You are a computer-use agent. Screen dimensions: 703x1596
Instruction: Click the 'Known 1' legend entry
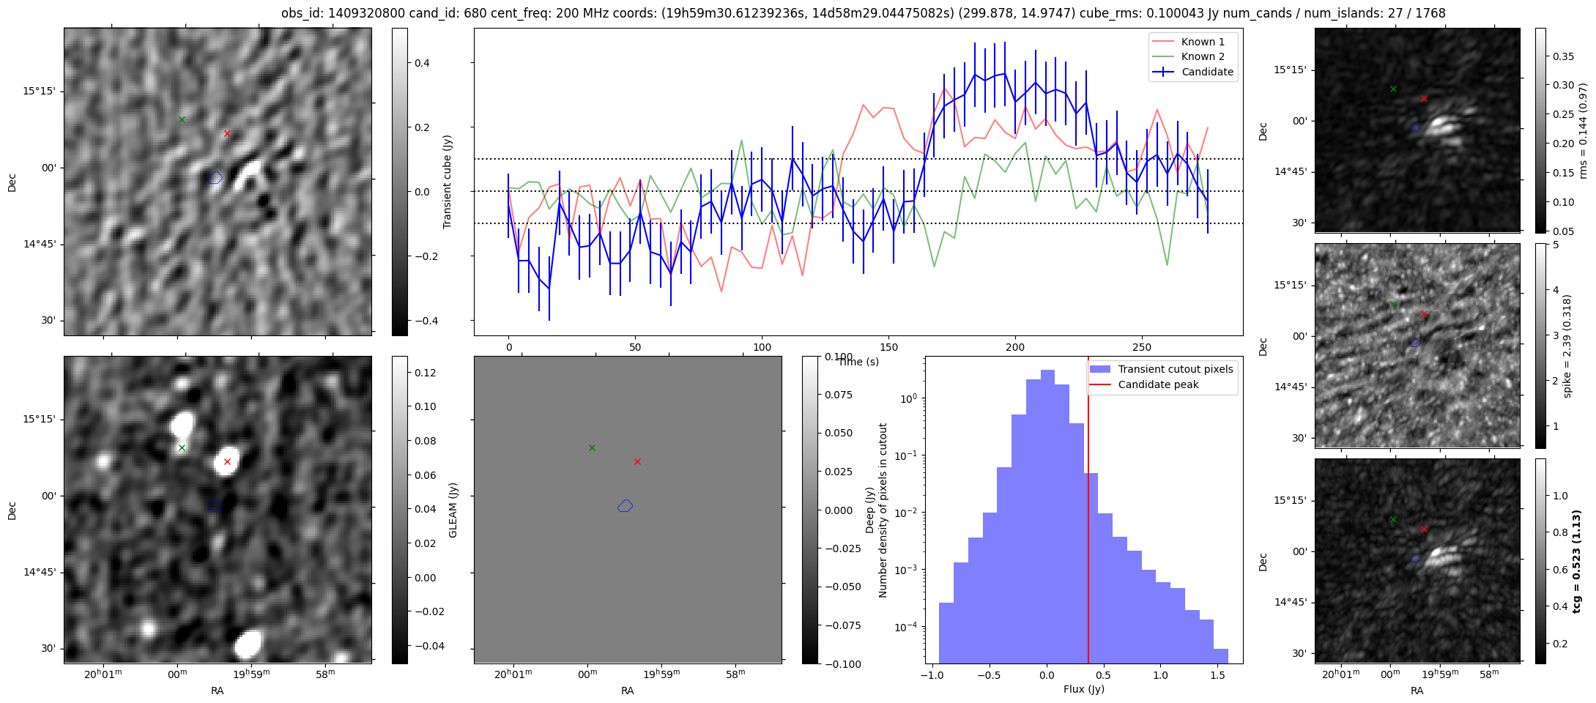[x=1203, y=42]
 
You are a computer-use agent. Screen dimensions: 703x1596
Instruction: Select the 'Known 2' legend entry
[x=1203, y=56]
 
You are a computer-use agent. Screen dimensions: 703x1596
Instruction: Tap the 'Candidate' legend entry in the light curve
[x=1207, y=72]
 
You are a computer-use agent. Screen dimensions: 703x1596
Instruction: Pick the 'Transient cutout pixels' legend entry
[x=1175, y=369]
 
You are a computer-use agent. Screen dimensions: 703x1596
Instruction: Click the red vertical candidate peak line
[x=1088, y=513]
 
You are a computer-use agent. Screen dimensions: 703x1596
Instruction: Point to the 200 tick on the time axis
[x=1015, y=347]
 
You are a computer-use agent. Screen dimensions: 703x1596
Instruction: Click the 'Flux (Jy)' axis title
[x=1083, y=689]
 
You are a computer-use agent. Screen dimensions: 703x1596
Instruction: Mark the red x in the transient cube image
[x=227, y=133]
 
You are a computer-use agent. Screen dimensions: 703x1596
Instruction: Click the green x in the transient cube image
[x=182, y=119]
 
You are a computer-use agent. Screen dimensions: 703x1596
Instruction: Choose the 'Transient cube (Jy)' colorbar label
[x=448, y=182]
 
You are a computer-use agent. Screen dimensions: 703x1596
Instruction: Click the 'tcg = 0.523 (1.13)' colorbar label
[x=1577, y=561]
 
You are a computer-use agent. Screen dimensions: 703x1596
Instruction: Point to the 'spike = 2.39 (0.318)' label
[x=1567, y=346]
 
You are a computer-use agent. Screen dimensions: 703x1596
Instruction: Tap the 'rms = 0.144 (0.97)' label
[x=1583, y=130]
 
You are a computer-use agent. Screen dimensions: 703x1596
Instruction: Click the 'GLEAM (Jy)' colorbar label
[x=453, y=510]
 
